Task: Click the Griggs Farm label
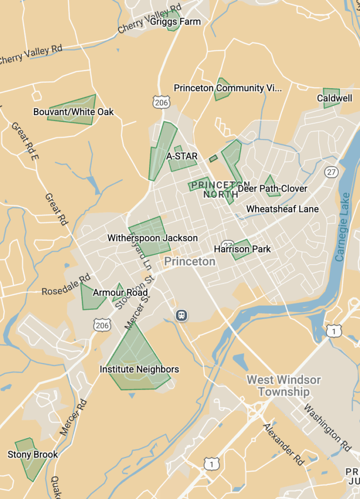click(x=175, y=21)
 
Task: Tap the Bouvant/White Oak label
click(x=73, y=112)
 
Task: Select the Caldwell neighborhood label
click(x=334, y=98)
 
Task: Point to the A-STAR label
click(x=182, y=156)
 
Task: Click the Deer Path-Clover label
click(x=272, y=189)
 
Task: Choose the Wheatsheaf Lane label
click(x=282, y=209)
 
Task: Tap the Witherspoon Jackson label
click(x=152, y=238)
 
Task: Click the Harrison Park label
click(x=242, y=249)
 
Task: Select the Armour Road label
click(x=120, y=293)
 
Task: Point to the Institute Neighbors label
click(x=139, y=369)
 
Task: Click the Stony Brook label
click(x=33, y=455)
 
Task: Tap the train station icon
click(x=182, y=315)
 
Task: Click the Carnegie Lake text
click(x=343, y=226)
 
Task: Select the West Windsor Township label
click(x=284, y=385)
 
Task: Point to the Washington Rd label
click(x=327, y=427)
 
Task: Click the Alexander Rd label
click(x=284, y=444)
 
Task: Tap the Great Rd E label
click(x=24, y=142)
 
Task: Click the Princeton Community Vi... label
click(x=227, y=88)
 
